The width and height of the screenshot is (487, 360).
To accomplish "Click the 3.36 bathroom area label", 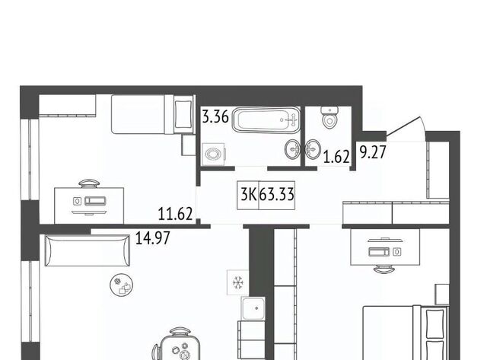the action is pos(215,116).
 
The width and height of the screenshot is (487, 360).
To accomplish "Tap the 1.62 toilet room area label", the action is pos(336,157).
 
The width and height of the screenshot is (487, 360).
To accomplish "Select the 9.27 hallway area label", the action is pos(373,152).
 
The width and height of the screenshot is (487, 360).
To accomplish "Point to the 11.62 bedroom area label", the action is pos(176,214).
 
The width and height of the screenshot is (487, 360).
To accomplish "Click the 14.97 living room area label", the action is pos(153,238).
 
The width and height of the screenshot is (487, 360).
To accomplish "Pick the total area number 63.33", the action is pos(276,195).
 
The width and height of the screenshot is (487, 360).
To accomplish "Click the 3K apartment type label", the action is pos(249,195).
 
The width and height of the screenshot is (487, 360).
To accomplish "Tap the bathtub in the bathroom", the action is pos(266,120).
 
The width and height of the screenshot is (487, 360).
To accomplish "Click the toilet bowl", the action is pos(329,117).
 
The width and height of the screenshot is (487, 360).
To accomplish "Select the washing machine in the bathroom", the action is pos(213,154).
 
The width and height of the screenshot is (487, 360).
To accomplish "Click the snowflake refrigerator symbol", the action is pos(238,282).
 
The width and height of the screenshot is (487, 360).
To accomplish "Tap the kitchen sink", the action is pos(253,308).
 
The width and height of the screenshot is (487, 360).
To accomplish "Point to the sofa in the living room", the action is pos(87,250).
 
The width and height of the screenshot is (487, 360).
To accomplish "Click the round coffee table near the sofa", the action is pos(122,285).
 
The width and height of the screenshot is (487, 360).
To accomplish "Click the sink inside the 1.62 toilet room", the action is pos(313,149).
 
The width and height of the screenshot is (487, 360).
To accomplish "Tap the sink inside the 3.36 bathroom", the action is pos(292,149).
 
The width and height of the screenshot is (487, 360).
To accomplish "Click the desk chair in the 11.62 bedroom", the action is pos(89,183).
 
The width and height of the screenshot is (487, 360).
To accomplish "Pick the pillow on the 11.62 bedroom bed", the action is pos(183,114).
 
